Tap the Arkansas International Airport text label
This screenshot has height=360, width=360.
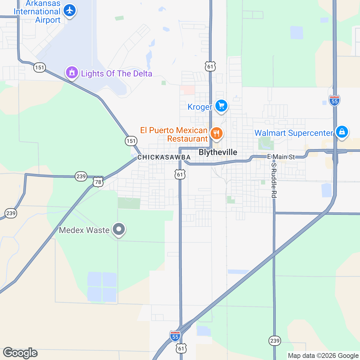coord(37,12)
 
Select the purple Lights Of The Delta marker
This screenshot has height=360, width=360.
coord(72,73)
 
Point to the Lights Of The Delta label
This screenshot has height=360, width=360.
coord(116,74)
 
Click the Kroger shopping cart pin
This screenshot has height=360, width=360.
coord(221,106)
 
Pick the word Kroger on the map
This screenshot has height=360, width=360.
coord(200,107)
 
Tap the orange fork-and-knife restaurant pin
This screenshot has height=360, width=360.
coord(216,133)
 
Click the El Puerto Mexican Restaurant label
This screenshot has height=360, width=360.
coord(174,134)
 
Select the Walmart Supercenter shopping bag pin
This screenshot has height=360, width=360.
coord(342,132)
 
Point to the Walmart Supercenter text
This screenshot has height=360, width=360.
coord(294,133)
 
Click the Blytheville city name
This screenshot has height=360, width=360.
coord(218,152)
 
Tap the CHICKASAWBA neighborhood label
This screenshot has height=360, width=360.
coord(164,157)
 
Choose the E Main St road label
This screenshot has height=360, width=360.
coord(281,157)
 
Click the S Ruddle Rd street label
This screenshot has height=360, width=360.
coord(273,181)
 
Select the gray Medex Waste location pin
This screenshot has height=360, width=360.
coord(119,229)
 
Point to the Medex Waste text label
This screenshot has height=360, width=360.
coord(84,230)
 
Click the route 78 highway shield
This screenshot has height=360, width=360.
coord(98,182)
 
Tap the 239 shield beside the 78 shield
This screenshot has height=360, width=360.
coord(81,176)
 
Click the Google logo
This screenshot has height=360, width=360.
coord(20,353)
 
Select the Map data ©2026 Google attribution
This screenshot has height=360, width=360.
coord(323,356)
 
